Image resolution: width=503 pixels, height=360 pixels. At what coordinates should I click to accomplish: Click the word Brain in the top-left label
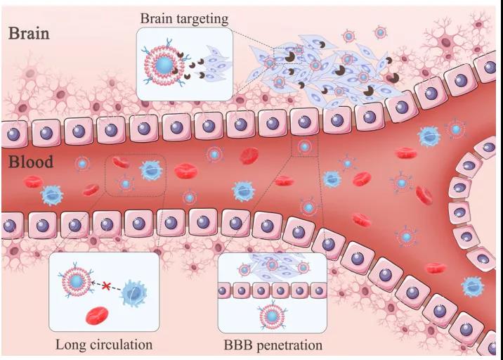[29, 33]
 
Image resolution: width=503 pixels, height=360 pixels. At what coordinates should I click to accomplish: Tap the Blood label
[31, 162]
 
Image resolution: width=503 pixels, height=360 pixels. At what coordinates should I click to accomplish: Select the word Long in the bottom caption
[70, 345]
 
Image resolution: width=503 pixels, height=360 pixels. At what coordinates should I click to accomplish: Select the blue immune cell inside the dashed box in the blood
[150, 169]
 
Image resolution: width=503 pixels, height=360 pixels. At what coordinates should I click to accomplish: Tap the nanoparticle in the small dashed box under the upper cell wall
[304, 146]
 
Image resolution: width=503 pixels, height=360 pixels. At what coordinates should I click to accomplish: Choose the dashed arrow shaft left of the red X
[97, 285]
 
